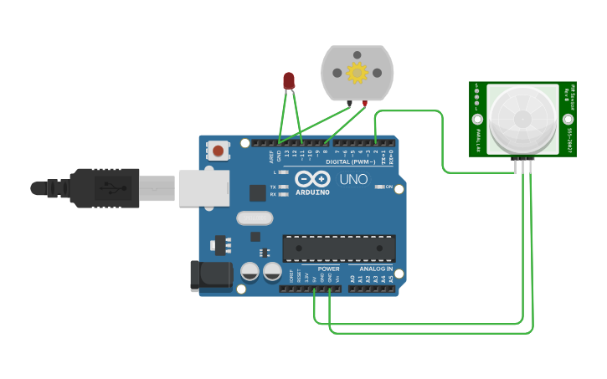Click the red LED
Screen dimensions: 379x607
coord(289,80)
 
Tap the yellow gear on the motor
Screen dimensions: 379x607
coord(358,74)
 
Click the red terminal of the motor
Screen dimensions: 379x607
coord(366,103)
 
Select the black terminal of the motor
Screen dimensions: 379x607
coord(349,103)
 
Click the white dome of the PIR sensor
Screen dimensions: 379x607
coord(522,119)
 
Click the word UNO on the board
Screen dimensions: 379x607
coord(353,179)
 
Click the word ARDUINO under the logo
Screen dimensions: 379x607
coord(313,192)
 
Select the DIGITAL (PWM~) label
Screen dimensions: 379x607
coord(350,161)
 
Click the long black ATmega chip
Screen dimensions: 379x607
coord(338,248)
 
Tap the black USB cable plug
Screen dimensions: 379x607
coord(105,187)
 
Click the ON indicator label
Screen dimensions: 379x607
coord(389,187)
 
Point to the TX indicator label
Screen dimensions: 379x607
coord(273,187)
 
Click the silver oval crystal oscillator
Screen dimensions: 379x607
coord(255,218)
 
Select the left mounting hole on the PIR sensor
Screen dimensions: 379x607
coord(477,120)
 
